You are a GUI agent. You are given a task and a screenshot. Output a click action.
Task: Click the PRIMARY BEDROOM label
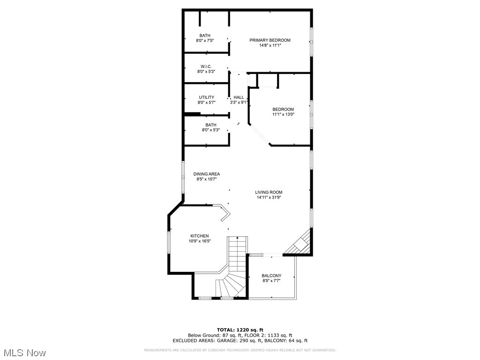pyautogui.click(x=270, y=40)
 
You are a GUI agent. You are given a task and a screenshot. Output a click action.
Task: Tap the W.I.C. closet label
pyautogui.click(x=206, y=67)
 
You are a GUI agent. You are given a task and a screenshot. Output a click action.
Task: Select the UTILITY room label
pyautogui.click(x=206, y=97)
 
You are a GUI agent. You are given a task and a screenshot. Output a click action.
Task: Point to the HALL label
pyautogui.click(x=239, y=97)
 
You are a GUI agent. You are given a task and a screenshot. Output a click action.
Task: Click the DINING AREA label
pyautogui.click(x=206, y=174)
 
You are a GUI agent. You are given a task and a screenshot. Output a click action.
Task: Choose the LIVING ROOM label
pyautogui.click(x=269, y=192)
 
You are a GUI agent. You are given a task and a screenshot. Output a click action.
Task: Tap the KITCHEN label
pyautogui.click(x=199, y=236)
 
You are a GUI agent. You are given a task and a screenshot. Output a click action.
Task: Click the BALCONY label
pyautogui.click(x=271, y=276)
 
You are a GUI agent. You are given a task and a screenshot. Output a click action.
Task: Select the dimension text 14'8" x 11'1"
pyautogui.click(x=270, y=45)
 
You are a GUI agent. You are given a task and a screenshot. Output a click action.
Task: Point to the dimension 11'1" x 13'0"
pyautogui.click(x=283, y=114)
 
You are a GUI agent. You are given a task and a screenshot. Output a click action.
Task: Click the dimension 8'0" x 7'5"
pyautogui.click(x=205, y=41)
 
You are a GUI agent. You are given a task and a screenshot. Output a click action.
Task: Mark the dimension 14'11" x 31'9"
pyautogui.click(x=269, y=197)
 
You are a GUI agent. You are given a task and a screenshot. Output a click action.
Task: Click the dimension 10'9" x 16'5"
pyautogui.click(x=199, y=241)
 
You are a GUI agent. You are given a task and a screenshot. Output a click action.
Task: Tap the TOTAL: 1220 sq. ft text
pyautogui.click(x=240, y=330)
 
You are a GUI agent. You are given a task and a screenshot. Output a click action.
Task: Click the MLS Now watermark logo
pyautogui.click(x=24, y=352)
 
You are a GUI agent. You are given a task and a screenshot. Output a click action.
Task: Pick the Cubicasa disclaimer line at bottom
pyautogui.click(x=240, y=350)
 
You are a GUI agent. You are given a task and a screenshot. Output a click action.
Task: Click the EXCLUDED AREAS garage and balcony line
pyautogui.click(x=240, y=341)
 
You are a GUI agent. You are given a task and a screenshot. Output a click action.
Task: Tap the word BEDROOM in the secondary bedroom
pyautogui.click(x=283, y=109)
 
